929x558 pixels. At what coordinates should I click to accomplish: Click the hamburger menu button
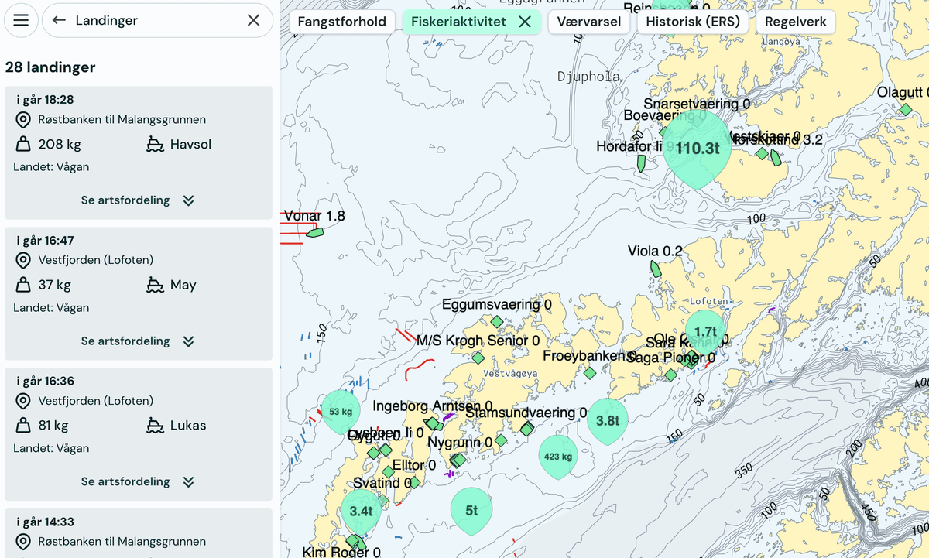point(21,21)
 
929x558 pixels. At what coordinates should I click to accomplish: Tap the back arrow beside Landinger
point(59,21)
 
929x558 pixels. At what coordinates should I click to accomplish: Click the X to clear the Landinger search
point(253,21)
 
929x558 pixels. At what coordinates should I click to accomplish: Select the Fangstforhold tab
point(341,22)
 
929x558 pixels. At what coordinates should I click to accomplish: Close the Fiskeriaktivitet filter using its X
point(525,22)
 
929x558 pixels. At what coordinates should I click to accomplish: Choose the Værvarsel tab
point(589,22)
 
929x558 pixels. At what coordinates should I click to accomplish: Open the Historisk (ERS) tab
point(693,22)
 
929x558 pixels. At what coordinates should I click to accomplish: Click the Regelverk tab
point(795,22)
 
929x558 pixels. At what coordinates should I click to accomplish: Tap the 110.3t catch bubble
point(697,148)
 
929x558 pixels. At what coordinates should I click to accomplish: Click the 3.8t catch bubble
point(608,419)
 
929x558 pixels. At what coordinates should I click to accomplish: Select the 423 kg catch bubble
point(557,456)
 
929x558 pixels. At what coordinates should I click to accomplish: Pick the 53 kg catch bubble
point(341,411)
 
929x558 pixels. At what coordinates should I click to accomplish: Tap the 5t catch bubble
point(471,510)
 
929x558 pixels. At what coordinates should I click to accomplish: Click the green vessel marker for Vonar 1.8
point(314,231)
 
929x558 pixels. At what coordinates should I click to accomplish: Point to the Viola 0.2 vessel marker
point(655,269)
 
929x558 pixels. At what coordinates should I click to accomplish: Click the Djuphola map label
point(588,77)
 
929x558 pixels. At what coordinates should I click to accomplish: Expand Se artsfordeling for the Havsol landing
point(138,200)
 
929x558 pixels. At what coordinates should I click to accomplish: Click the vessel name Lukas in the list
point(188,425)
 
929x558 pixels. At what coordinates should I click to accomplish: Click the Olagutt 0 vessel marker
point(906,110)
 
